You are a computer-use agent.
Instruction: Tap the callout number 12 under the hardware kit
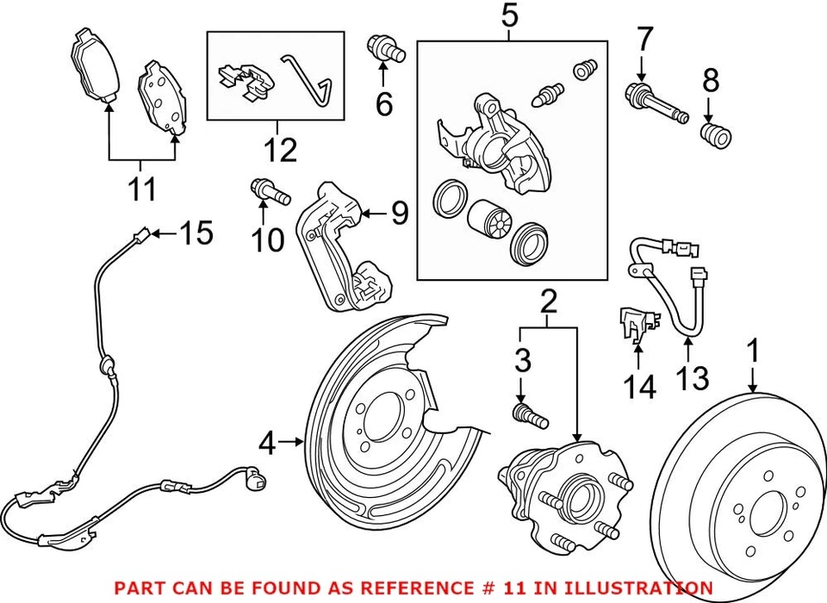click(280, 150)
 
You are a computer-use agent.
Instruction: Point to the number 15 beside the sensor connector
click(197, 233)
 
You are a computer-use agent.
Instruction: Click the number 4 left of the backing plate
click(269, 444)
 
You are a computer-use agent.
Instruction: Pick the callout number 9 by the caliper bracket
click(399, 213)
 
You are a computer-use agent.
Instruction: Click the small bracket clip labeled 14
click(633, 326)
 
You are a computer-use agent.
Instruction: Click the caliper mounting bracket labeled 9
click(345, 250)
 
